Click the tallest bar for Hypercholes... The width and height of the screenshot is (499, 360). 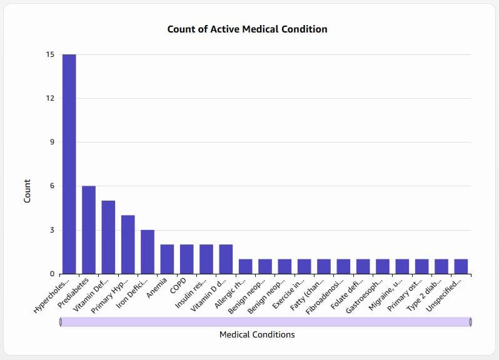69,164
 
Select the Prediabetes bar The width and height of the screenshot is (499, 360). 89,230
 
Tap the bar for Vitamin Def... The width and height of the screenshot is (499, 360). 108,237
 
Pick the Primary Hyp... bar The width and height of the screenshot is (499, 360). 128,244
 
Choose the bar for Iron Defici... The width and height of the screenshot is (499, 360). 148,252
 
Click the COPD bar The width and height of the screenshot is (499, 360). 187,259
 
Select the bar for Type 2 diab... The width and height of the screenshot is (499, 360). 441,266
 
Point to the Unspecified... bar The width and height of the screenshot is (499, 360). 461,266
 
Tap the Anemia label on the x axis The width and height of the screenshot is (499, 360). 157,287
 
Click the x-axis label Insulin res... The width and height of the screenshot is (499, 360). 191,293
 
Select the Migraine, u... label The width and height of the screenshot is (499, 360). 385,294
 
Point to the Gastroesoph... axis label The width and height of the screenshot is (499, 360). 365,296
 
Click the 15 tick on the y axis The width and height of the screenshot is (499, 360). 50,55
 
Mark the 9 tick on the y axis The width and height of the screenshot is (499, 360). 52,142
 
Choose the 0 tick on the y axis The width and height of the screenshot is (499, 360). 52,274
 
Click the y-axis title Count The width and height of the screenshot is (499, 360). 27,191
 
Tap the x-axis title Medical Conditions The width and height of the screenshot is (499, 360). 257,334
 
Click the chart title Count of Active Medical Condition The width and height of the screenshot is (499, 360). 247,29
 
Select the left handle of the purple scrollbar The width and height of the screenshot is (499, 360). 61,322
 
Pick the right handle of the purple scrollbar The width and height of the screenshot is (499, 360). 471,322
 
